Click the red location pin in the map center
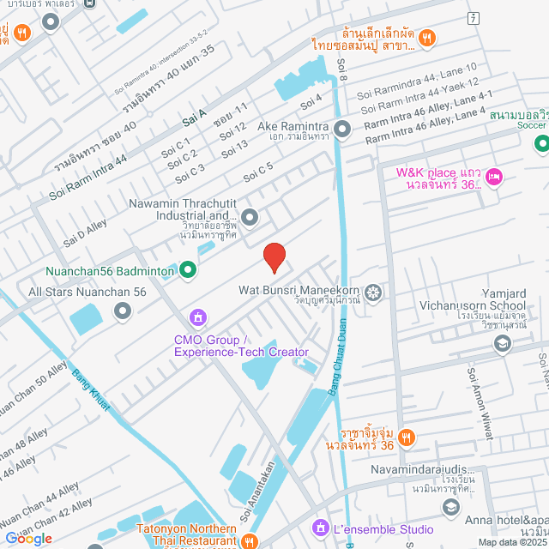point(274,256)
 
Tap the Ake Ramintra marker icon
point(342,130)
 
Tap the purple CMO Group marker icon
point(198,319)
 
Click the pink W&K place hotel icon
point(493,178)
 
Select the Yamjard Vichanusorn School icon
point(502,344)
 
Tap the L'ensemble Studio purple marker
point(319,526)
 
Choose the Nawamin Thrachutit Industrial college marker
point(250,218)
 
